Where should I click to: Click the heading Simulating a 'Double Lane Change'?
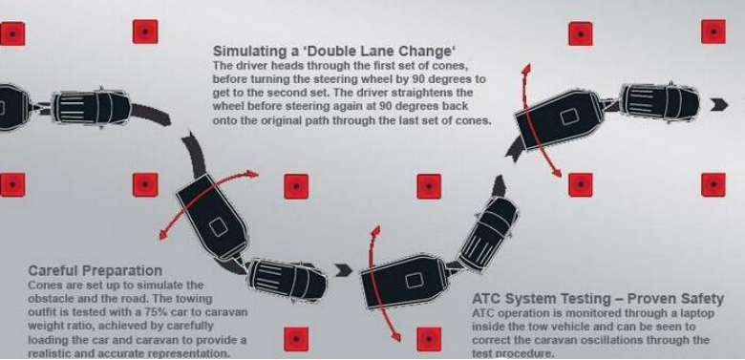334,51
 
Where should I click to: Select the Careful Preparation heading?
95,270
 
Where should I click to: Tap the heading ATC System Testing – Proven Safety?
598,299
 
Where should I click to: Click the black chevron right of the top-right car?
719,105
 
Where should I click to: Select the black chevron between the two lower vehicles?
344,270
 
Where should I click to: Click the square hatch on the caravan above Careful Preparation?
219,227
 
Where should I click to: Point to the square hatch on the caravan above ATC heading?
414,281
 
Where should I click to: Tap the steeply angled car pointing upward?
488,233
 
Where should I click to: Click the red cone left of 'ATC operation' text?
429,339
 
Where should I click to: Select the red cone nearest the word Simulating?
145,32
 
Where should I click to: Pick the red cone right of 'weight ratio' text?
296,339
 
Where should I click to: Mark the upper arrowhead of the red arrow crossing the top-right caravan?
526,69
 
